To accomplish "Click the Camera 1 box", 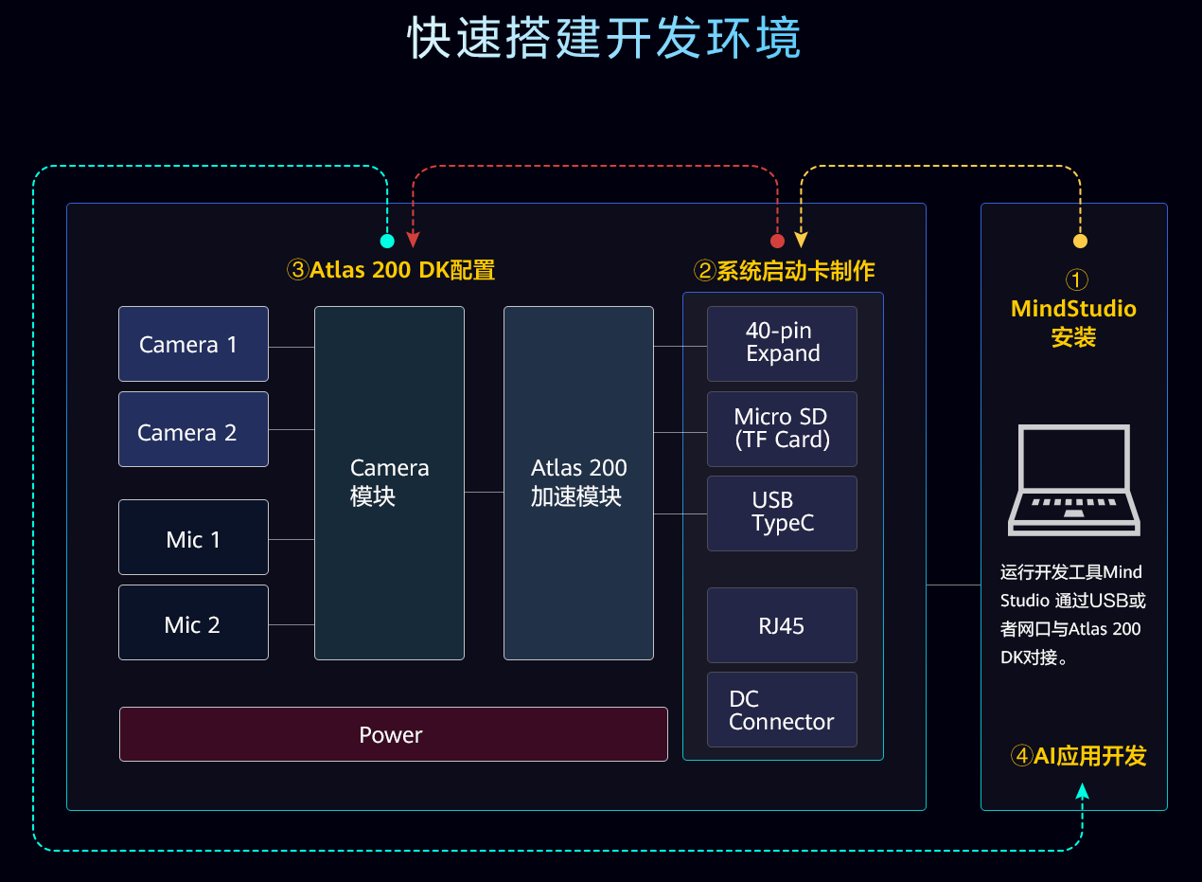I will coord(193,344).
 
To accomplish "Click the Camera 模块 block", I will coord(389,483).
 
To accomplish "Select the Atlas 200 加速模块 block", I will coord(578,483).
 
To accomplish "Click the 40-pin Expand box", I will coord(782,343).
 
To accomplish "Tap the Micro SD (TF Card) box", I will coord(782,428).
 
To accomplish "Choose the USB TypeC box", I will coord(782,513).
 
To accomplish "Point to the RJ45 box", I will coord(782,625).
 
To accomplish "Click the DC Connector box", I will coord(782,710).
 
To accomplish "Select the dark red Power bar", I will coord(393,734).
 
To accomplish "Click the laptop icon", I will coord(1073,480).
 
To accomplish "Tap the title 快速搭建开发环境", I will coord(604,39).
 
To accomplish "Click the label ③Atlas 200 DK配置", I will coord(391,270).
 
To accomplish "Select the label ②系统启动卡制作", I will coord(784,271).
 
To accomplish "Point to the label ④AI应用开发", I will coord(1078,755).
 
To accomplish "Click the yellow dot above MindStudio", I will coord(1080,241).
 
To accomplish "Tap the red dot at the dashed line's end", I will coord(777,241).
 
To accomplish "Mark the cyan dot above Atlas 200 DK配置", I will coord(387,241).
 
